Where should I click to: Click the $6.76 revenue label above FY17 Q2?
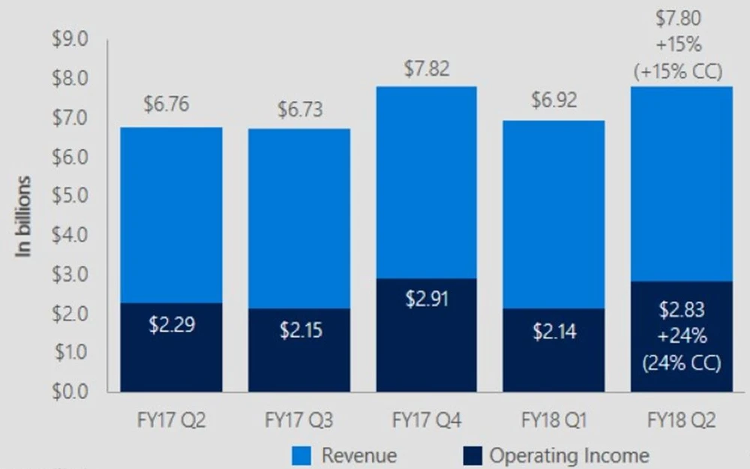point(167,104)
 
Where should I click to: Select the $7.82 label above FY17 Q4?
point(427,69)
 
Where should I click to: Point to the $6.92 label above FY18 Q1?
point(554,101)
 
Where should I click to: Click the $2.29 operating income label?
point(172,327)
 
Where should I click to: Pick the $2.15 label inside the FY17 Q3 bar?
point(300,330)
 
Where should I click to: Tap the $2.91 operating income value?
point(427,299)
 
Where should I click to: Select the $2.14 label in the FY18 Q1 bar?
point(554,331)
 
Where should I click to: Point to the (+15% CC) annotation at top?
point(678,72)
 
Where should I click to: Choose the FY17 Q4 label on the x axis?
point(427,421)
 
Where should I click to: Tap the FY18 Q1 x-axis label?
point(554,421)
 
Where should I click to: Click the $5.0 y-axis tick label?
point(69,196)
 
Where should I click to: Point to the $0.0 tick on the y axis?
point(69,391)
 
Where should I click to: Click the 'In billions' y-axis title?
point(25,218)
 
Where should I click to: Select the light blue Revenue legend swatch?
point(301,455)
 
